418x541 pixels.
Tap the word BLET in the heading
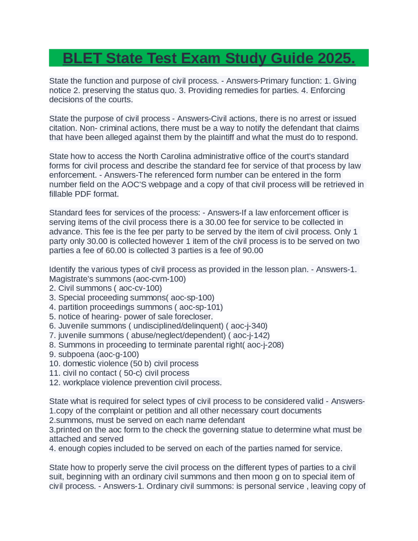pyautogui.click(x=82, y=58)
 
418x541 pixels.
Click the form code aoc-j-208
pyautogui.click(x=265, y=345)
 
